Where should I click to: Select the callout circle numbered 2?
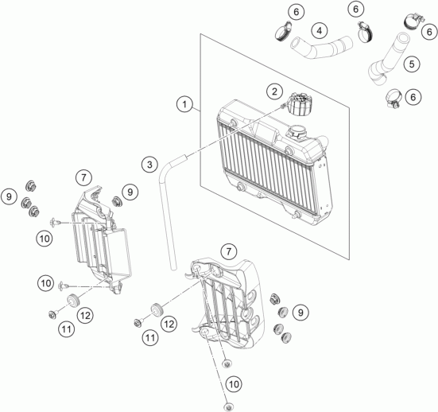point(273,91)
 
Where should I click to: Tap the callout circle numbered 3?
point(149,165)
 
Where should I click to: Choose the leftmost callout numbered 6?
point(273,12)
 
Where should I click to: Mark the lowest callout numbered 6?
point(413,97)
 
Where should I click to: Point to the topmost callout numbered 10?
point(44,237)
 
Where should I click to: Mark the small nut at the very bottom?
point(227,364)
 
